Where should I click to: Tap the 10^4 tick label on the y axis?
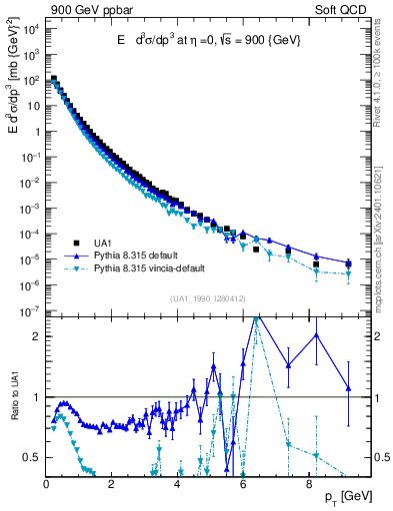tap(29, 28)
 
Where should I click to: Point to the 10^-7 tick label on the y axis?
tap(29, 311)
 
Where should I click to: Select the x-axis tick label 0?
tap(47, 484)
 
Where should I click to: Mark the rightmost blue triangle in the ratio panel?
tap(348, 388)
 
